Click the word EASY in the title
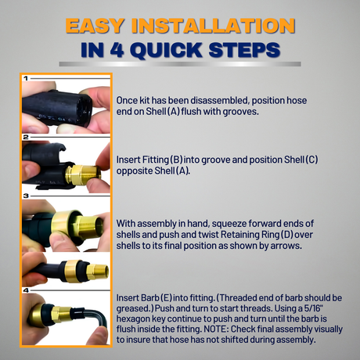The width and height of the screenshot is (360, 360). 95,26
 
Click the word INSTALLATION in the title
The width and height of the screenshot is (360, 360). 214,26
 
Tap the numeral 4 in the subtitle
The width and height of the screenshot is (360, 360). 117,49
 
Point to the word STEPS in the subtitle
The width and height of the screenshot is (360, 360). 244,49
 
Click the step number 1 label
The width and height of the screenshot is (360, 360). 26,78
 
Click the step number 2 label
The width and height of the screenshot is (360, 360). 26,137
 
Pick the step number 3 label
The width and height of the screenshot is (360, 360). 26,196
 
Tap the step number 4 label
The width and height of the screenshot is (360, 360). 26,290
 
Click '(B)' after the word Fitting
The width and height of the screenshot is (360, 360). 176,160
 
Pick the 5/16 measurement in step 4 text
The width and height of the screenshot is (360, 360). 313,308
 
